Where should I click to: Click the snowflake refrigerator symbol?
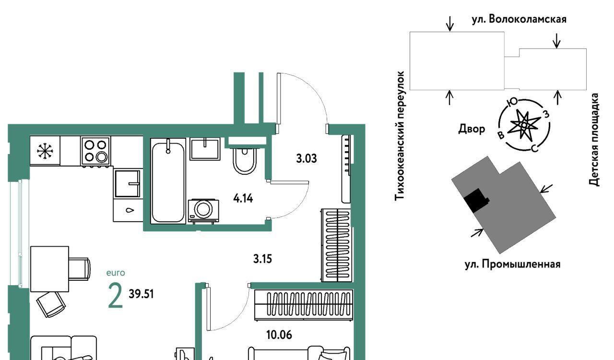tap(45, 151)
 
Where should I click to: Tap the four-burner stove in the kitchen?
tap(95, 151)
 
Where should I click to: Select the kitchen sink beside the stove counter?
tap(128, 183)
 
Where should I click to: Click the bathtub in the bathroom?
tap(168, 180)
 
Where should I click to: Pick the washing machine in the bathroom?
tap(203, 211)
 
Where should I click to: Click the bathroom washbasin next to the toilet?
tap(205, 149)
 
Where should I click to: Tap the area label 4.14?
tap(243, 198)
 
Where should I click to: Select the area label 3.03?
tap(307, 158)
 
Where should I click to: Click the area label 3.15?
tap(262, 259)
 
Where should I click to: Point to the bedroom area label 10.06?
tap(279, 335)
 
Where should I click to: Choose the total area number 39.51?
tap(141, 294)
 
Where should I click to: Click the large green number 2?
tap(116, 295)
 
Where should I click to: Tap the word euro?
tap(116, 273)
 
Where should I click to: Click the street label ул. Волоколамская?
tap(519, 19)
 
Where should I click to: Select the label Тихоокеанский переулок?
tap(400, 135)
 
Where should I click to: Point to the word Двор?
tap(472, 129)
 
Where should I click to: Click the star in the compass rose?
tap(524, 125)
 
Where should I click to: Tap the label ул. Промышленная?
tap(513, 264)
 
